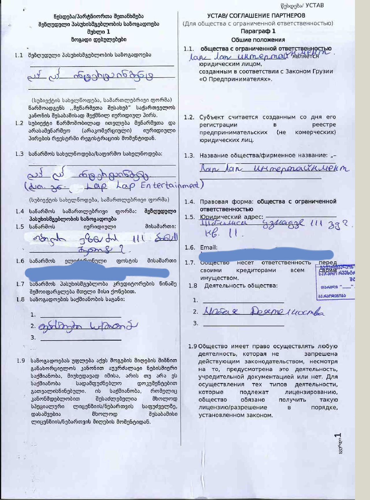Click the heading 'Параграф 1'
click(258, 31)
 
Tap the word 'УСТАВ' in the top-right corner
click(314, 5)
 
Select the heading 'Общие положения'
click(258, 40)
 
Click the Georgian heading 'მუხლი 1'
click(99, 32)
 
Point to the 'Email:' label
click(209, 247)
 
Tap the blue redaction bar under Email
click(267, 254)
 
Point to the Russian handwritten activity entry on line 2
click(263, 312)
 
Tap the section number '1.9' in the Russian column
click(193, 346)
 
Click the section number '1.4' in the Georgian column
click(20, 212)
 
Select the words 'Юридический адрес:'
click(232, 217)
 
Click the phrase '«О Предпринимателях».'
click(236, 79)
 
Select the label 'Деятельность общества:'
click(241, 286)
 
